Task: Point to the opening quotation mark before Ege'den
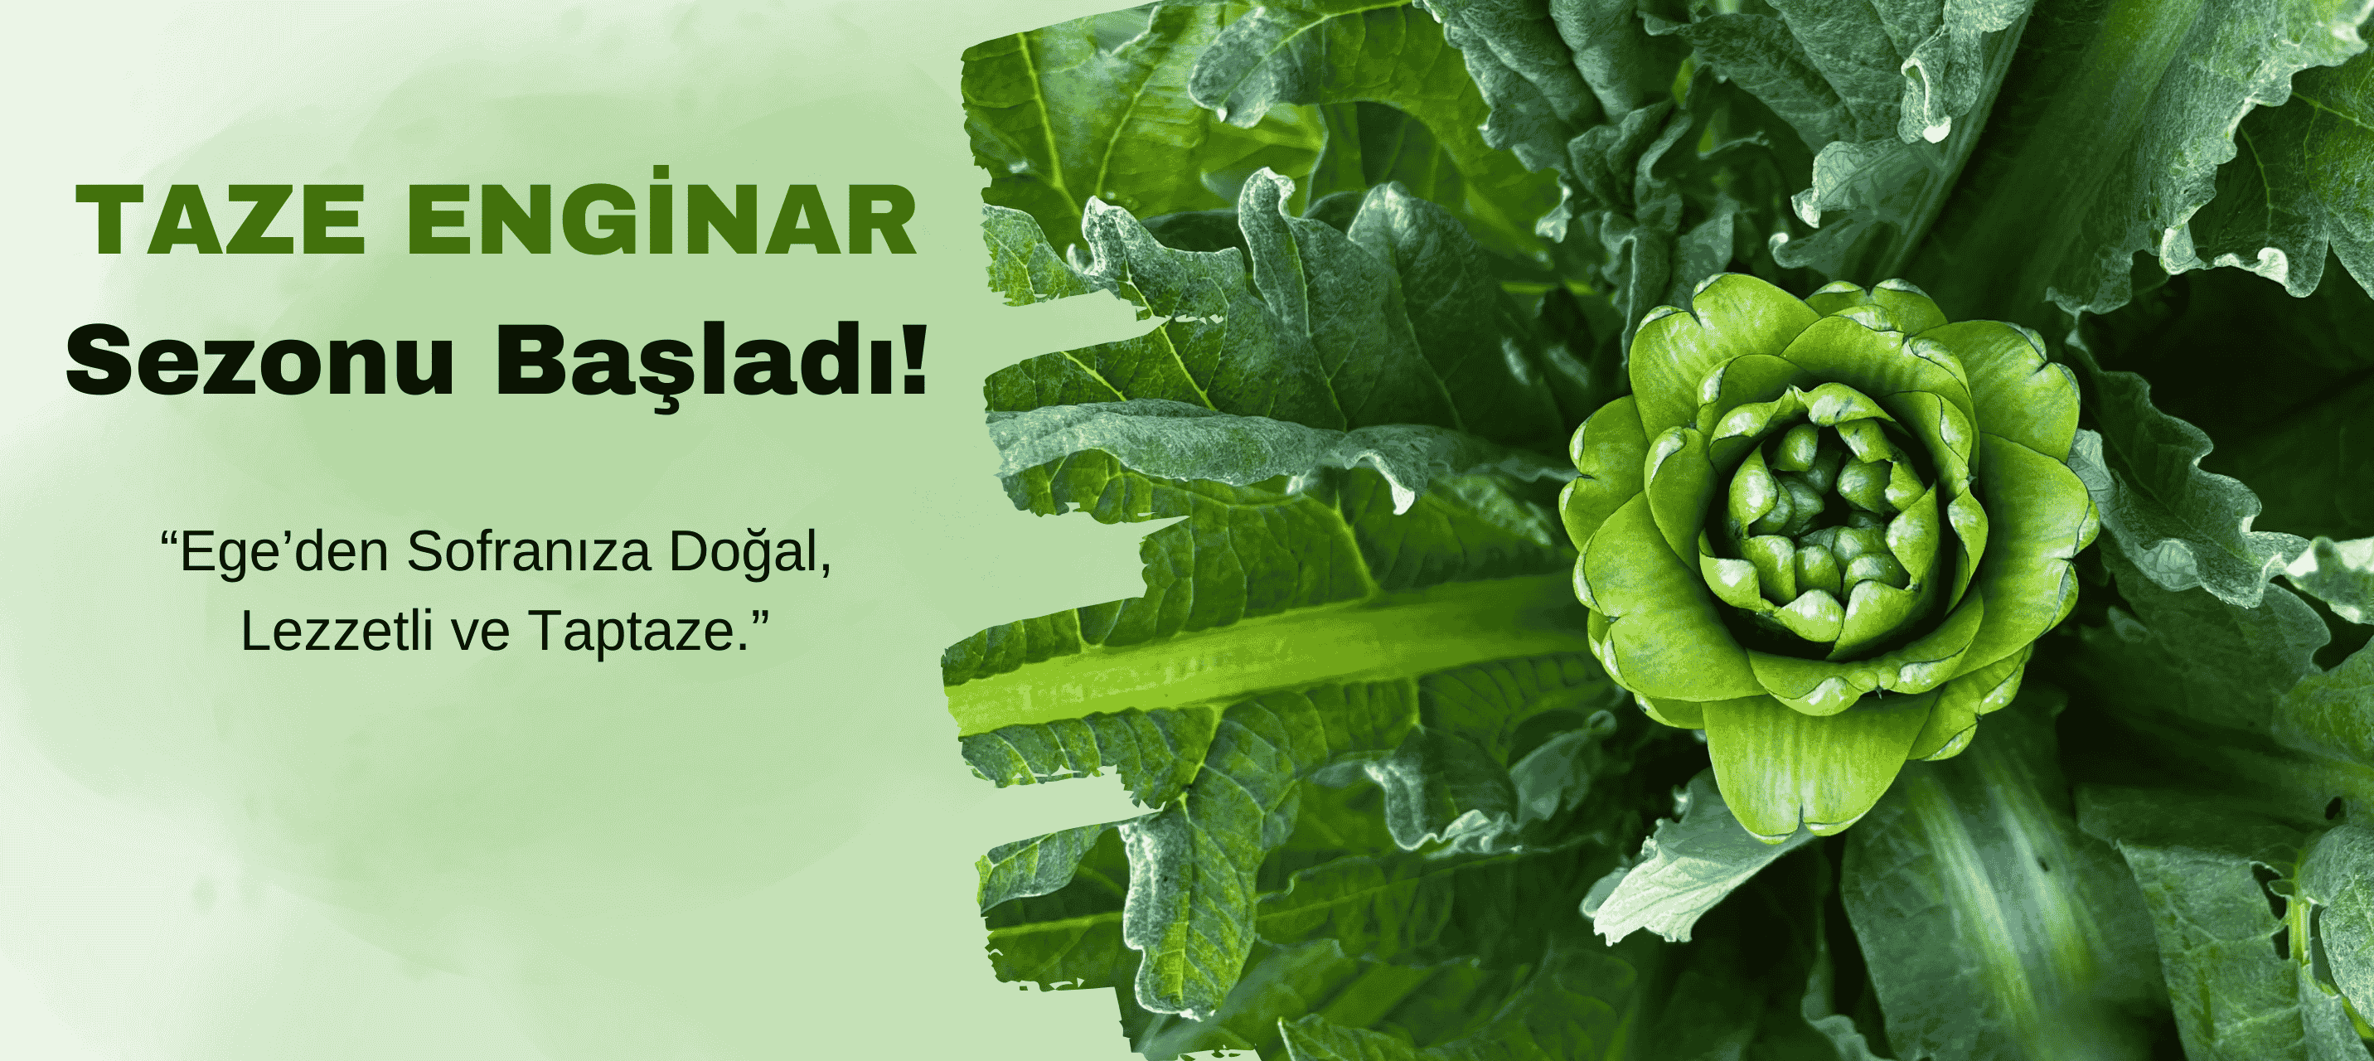pos(168,536)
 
